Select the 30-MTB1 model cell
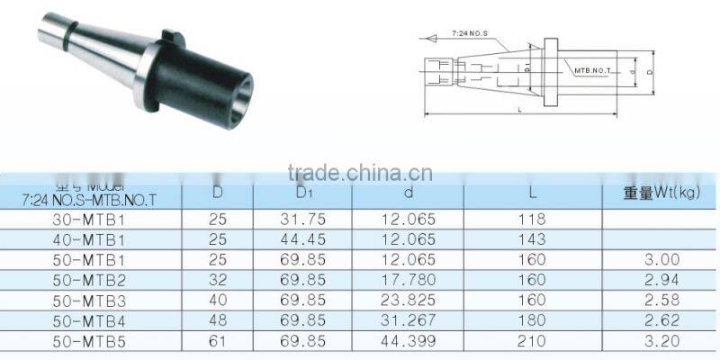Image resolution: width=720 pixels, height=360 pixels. (87, 219)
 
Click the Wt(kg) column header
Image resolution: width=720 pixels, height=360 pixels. (661, 192)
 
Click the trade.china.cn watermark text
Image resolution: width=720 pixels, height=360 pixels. (360, 172)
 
